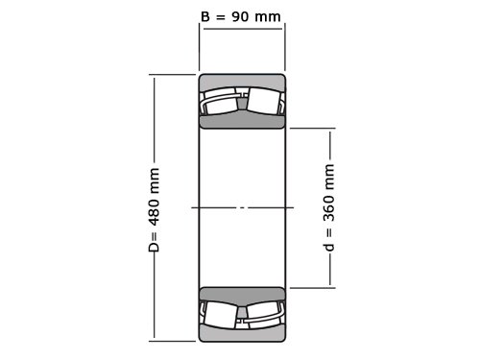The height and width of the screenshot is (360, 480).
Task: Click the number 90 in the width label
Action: tap(240, 16)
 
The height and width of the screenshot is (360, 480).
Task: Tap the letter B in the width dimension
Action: tap(205, 16)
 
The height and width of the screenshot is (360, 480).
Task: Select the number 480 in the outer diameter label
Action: tap(155, 212)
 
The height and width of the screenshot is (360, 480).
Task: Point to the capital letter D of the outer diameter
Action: tap(155, 247)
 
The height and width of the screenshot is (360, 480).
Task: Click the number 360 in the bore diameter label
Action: tap(329, 208)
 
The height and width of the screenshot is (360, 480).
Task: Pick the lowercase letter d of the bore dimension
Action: tap(329, 247)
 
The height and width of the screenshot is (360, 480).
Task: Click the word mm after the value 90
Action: tap(268, 16)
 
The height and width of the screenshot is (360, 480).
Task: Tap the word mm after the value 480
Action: tap(155, 180)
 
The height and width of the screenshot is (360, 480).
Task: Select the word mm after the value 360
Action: tap(329, 177)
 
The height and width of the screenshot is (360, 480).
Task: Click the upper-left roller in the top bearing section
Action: tap(221, 102)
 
